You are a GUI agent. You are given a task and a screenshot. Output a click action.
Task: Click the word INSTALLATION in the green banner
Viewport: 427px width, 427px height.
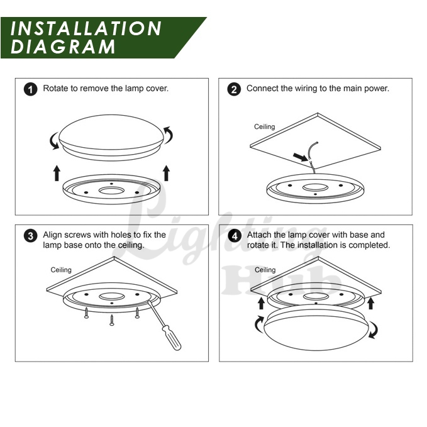coord(86,28)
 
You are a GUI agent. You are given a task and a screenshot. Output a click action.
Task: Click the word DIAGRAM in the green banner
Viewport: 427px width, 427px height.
coord(63,47)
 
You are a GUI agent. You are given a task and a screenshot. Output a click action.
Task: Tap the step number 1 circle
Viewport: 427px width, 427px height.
coord(30,89)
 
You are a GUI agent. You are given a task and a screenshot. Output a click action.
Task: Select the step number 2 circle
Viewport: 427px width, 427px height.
coord(234,89)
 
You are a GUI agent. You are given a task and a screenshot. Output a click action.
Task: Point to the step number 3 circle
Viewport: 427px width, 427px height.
coord(30,236)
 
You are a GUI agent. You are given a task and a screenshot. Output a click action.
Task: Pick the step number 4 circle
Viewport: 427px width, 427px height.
coord(235,236)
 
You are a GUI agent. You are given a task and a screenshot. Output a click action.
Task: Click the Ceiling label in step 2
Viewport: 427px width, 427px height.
coord(264,126)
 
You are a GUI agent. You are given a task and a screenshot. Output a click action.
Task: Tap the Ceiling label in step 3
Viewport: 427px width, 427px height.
coord(61,270)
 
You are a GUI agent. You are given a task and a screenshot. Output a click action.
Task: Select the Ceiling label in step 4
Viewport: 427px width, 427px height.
coord(265,270)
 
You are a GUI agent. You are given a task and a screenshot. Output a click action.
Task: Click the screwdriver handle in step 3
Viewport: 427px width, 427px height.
coord(171,338)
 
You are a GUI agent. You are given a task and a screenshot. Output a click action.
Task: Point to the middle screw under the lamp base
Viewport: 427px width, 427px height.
coord(112,319)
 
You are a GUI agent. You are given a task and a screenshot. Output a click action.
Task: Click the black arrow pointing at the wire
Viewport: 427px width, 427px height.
coord(301,157)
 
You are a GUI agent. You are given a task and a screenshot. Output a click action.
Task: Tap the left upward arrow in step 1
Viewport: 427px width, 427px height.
coord(57,173)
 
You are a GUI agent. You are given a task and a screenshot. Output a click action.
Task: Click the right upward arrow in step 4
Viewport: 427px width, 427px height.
coord(370,303)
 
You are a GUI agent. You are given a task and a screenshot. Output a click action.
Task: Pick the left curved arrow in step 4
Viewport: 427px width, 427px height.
coord(258,324)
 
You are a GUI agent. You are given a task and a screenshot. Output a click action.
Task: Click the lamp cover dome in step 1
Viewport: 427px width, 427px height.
coord(111,132)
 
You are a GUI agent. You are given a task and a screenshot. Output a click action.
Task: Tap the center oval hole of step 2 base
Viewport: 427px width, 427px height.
coord(315,187)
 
